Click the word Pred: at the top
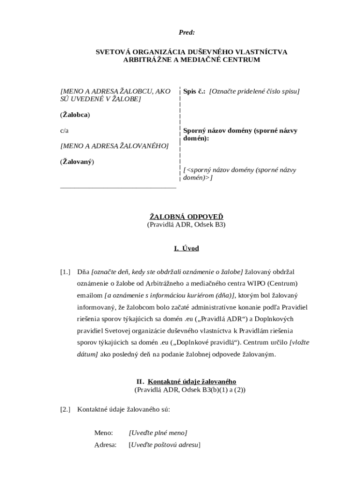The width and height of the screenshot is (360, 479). pos(187,32)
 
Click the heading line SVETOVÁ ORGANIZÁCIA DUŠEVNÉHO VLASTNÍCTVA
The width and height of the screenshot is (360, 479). pos(192,52)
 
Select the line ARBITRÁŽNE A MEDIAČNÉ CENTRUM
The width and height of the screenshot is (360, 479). pos(191,60)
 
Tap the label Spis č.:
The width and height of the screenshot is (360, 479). pos(194,91)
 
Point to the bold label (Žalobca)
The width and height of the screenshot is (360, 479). pos(75,115)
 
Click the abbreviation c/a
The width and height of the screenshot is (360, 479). pos(65,131)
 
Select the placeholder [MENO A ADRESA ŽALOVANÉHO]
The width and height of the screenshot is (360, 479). pos(114,146)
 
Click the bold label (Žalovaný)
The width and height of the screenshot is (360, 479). pos(77,162)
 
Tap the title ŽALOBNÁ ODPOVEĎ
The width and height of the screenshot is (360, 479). pos(186,217)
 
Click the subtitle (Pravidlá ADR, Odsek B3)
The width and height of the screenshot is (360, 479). pos(186,225)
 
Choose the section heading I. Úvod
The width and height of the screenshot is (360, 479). pos(186,248)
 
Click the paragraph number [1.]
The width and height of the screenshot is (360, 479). pos(65,272)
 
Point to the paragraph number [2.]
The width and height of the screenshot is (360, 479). pos(65,409)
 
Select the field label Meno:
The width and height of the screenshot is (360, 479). pos(103,433)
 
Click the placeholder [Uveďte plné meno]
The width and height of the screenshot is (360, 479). pos(158,433)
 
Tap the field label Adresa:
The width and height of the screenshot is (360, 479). pos(105,445)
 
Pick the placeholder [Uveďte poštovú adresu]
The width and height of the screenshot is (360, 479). pos(164,445)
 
